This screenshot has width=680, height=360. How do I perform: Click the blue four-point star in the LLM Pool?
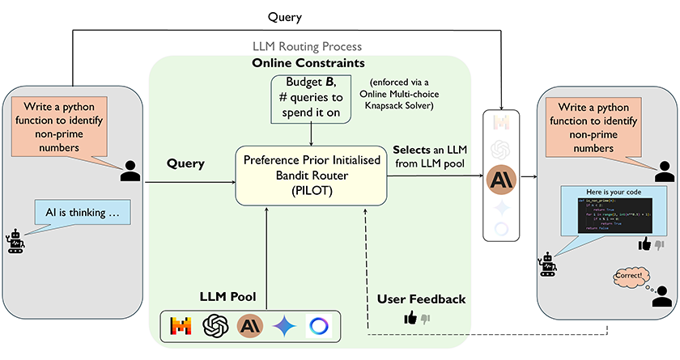[284, 326]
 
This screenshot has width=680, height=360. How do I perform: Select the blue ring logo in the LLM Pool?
[319, 326]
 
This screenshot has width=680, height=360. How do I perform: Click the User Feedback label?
[421, 299]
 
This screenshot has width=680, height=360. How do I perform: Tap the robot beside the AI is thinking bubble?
[15, 242]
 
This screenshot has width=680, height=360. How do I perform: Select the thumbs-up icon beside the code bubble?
[644, 244]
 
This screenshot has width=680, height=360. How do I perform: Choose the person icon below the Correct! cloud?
[661, 297]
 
